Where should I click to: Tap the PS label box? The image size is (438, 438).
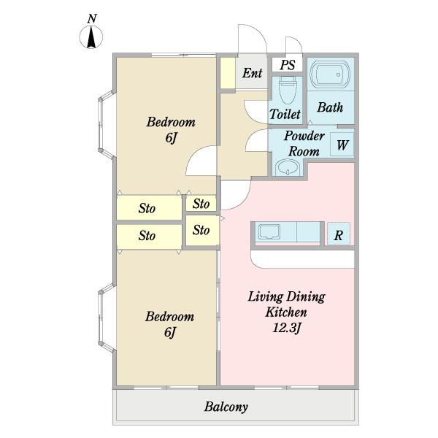tap(288, 64)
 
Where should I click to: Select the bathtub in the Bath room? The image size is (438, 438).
tap(331, 74)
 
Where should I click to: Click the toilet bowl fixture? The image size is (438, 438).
tap(287, 90)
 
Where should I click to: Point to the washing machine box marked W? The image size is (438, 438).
tap(342, 145)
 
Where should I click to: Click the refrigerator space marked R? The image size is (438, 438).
tap(339, 234)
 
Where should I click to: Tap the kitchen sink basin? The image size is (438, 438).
tap(269, 232)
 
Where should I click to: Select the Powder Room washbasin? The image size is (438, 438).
tap(288, 168)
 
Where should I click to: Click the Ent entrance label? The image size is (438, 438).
tap(252, 73)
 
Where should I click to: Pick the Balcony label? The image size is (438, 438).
tap(226, 407)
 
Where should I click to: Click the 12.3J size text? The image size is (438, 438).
tap(287, 328)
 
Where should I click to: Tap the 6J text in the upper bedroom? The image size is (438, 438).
tap(172, 137)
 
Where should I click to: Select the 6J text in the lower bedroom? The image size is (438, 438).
tap(170, 332)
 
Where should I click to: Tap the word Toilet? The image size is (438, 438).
tap(285, 114)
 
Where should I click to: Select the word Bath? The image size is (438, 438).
tap(330, 107)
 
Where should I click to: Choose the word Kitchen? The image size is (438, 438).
tap(286, 312)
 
